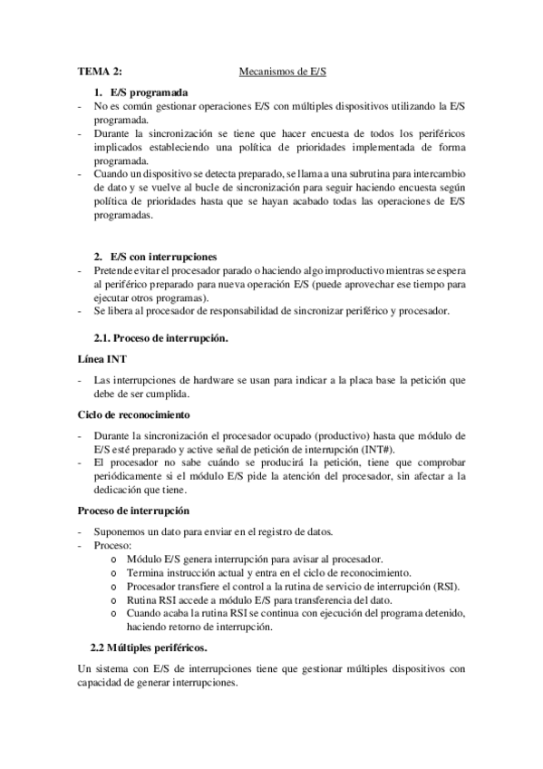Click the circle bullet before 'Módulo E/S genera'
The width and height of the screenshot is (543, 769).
pyautogui.click(x=112, y=560)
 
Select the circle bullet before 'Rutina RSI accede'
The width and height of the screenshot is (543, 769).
pyautogui.click(x=112, y=600)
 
